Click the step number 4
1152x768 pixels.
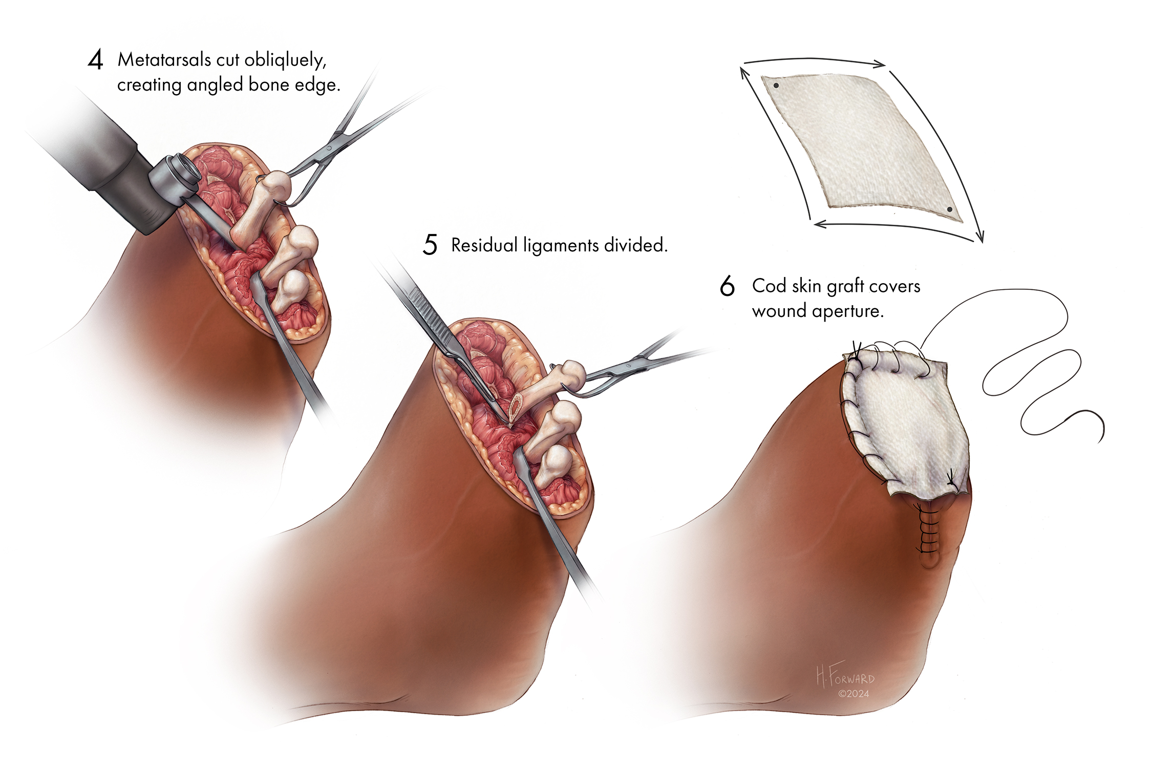95,60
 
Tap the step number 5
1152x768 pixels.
430,245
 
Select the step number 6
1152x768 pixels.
727,286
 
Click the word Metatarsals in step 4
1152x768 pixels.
164,60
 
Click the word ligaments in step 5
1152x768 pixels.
561,246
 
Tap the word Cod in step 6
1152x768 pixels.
769,286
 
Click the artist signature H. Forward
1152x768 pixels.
845,676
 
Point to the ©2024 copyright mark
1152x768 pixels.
854,694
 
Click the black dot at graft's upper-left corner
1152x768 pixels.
776,86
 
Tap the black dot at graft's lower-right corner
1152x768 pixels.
949,209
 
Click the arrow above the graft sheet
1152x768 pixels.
814,61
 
